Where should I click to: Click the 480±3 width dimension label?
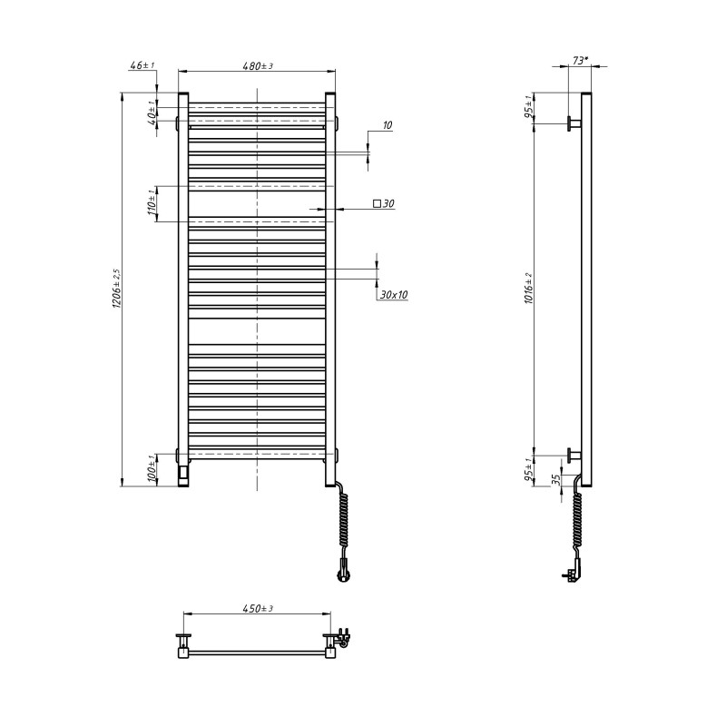coord(258,65)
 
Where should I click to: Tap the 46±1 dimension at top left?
coord(142,65)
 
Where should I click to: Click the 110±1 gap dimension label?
coord(151,203)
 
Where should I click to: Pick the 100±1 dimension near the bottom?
coord(151,469)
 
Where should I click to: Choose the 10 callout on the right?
coord(388,125)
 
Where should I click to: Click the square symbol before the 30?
coord(377,203)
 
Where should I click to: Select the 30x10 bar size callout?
coord(394,294)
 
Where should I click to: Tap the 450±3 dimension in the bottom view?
coord(258,608)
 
